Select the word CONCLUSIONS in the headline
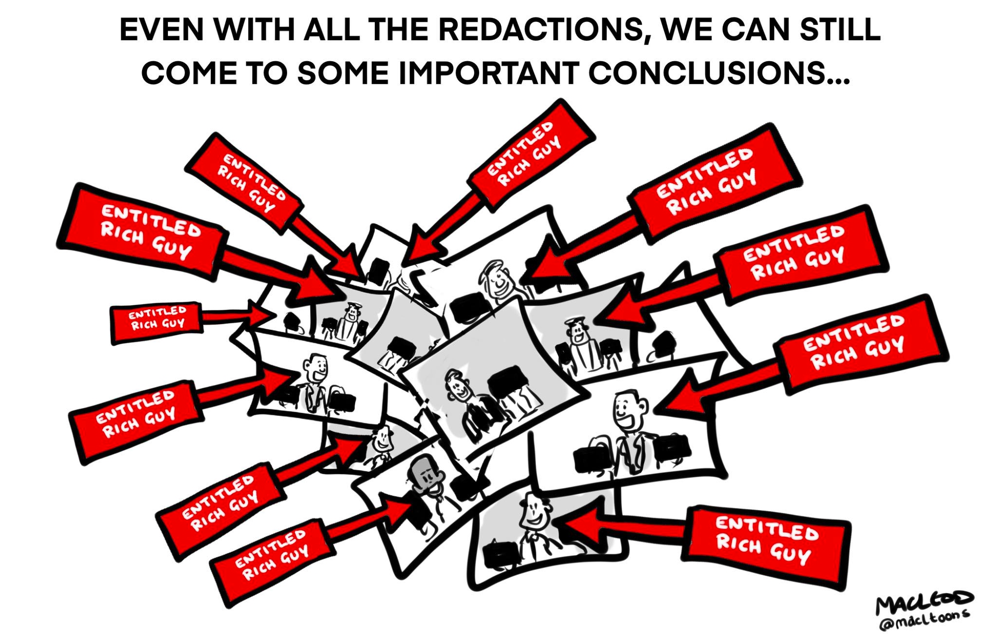(x=707, y=74)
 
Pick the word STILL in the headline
(x=840, y=30)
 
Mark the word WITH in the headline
(x=254, y=30)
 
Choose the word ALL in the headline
(x=332, y=30)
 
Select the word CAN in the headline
(x=756, y=30)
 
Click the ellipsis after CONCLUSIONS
(x=838, y=80)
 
